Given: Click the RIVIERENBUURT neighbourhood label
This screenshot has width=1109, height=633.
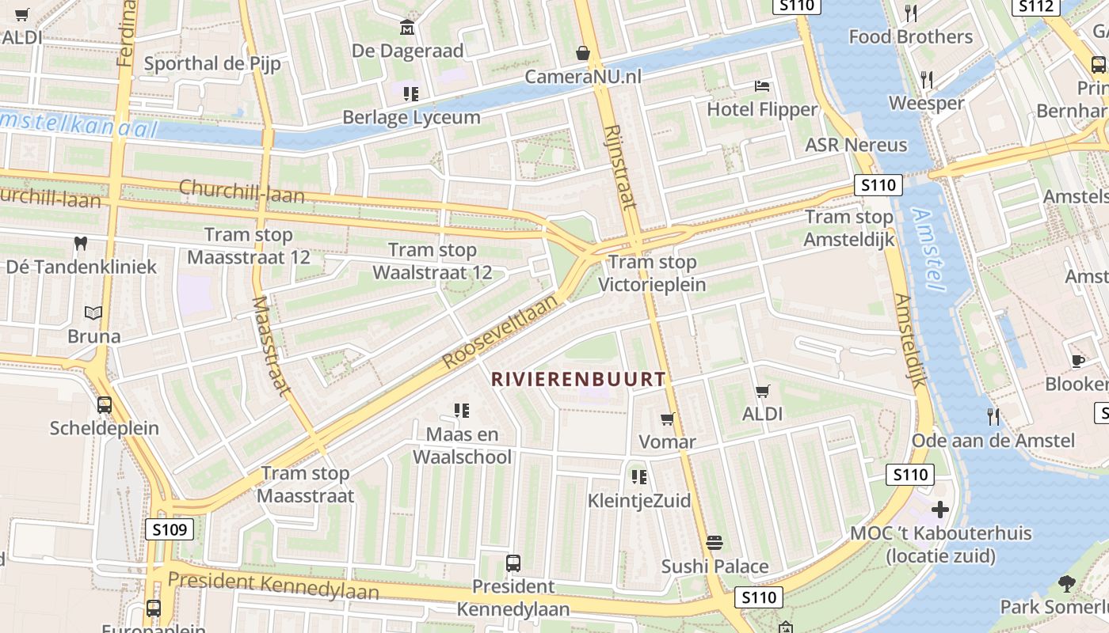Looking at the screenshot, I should click(x=578, y=379).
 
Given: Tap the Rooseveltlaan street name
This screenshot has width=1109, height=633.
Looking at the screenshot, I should click(x=501, y=328).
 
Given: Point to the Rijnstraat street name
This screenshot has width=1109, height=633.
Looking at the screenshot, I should click(x=619, y=167).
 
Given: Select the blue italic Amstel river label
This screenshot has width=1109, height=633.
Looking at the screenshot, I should click(x=928, y=249).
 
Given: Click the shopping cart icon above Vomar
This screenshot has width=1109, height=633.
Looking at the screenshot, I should click(x=668, y=419).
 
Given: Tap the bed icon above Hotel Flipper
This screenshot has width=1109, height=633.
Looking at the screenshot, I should click(x=762, y=85).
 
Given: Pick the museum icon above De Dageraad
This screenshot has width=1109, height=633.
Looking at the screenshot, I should click(x=407, y=28).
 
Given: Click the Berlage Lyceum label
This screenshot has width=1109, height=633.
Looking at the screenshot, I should click(x=411, y=117).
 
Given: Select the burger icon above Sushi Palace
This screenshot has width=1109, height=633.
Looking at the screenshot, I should click(x=715, y=543).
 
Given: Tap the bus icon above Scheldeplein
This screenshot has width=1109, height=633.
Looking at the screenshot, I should click(x=105, y=405).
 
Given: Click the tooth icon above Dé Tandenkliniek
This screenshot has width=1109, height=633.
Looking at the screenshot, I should click(x=80, y=243).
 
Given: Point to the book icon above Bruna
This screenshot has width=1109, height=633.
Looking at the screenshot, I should click(x=93, y=313).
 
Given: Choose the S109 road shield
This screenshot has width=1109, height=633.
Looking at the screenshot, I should click(x=170, y=529).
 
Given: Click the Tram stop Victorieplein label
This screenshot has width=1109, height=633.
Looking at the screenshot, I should click(x=652, y=273).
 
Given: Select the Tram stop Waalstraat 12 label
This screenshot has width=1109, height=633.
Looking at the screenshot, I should click(x=433, y=262).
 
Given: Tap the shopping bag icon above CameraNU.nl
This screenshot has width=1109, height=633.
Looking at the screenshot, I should click(x=583, y=53).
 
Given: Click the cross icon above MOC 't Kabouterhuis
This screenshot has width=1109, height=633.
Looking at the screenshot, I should click(x=940, y=509).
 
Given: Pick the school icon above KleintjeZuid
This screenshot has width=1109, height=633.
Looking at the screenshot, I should click(x=639, y=476).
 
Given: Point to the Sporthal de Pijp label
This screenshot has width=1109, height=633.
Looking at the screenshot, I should click(x=212, y=63).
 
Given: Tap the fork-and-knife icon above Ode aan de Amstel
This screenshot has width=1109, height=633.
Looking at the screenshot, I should click(x=993, y=416).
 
